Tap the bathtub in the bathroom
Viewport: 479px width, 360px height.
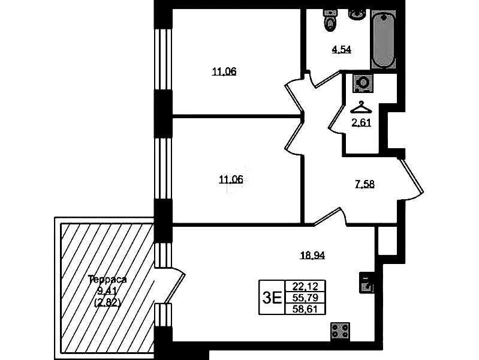[384, 39]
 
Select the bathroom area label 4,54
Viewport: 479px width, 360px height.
[342, 49]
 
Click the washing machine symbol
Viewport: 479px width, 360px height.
[363, 83]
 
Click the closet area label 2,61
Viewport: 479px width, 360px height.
[361, 123]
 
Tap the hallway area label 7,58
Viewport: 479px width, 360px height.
[364, 184]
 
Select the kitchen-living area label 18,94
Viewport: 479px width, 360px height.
[312, 255]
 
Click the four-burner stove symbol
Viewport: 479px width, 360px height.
[341, 331]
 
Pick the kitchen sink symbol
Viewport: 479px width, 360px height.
[366, 283]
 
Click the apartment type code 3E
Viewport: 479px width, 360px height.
[272, 298]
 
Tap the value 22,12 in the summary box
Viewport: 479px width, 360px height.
[305, 286]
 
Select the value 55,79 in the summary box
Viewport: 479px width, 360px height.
[305, 297]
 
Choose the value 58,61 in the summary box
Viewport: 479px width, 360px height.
[305, 309]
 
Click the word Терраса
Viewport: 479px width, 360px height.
[107, 279]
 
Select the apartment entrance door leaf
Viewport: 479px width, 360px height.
[412, 176]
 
